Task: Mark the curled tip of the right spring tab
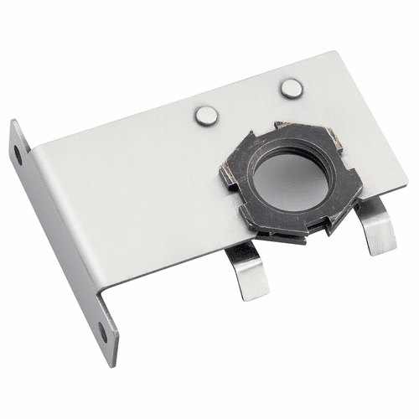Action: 384,250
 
